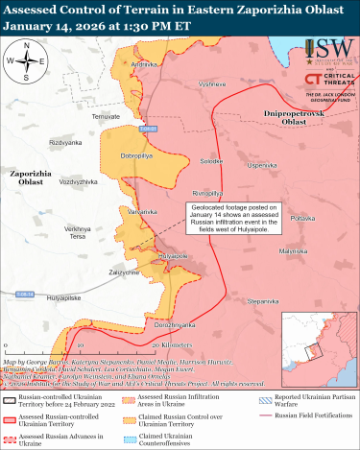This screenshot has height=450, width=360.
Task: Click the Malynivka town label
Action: tap(294, 251)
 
